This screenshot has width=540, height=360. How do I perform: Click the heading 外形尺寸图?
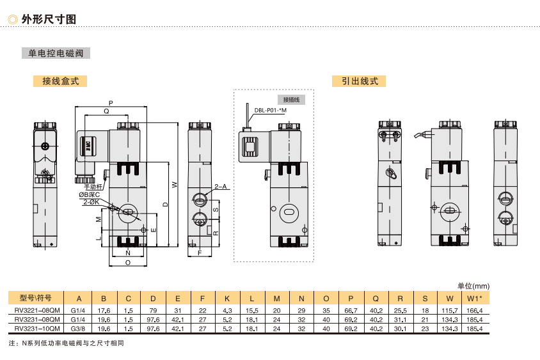click(x=49, y=19)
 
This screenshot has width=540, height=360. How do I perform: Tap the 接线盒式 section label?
click(x=60, y=81)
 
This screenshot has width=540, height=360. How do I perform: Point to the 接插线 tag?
click(x=291, y=100)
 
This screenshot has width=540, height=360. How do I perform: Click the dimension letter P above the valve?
click(x=111, y=102)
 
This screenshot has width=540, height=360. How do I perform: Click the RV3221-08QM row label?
click(x=37, y=310)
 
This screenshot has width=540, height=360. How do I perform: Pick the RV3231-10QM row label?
click(x=37, y=329)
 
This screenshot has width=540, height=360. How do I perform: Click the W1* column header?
click(x=474, y=298)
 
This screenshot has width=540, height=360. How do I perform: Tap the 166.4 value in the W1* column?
click(x=474, y=310)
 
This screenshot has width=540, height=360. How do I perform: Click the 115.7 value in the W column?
click(x=450, y=310)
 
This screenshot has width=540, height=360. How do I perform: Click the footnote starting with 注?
click(x=67, y=343)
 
